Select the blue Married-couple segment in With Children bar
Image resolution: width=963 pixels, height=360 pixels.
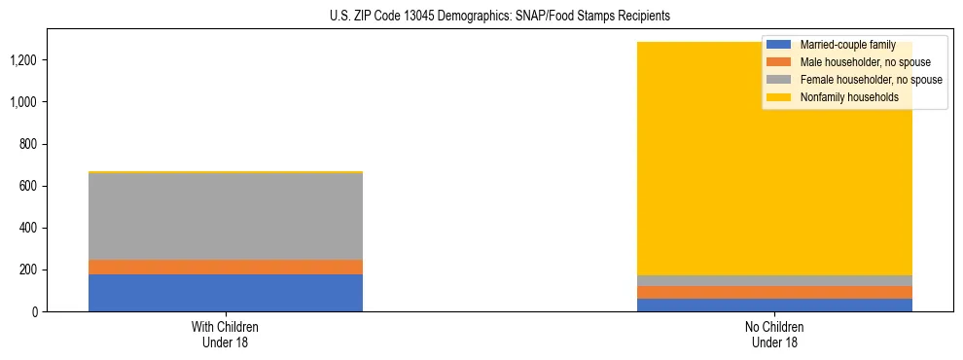[225, 293]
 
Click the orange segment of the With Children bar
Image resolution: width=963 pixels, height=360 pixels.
[225, 267]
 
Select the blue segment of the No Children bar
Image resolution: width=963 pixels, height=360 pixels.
[775, 305]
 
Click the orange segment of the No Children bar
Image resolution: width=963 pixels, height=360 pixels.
[775, 292]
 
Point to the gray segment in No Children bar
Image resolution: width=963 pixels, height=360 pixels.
[775, 280]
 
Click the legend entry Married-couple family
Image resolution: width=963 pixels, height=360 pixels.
[846, 45]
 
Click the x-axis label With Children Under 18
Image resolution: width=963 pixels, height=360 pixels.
[225, 334]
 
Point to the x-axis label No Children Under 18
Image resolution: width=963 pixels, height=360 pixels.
[775, 334]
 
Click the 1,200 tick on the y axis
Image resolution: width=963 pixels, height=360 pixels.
[23, 60]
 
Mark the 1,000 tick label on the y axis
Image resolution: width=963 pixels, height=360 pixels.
[23, 102]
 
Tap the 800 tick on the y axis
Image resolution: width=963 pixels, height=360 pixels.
[29, 144]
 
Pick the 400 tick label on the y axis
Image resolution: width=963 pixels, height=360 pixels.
[29, 228]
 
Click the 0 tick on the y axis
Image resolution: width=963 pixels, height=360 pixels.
[35, 311]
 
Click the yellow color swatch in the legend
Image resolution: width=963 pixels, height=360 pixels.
[779, 97]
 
